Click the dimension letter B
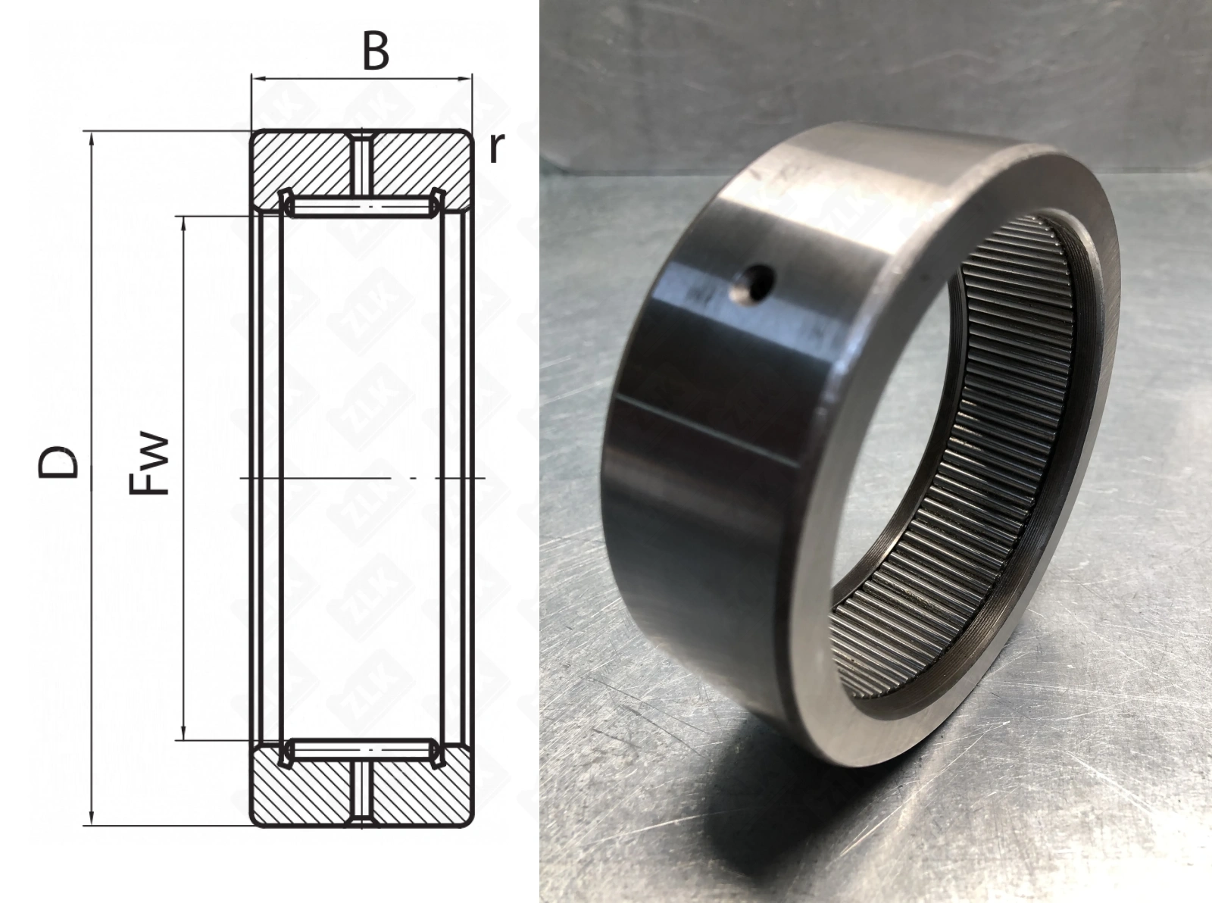[x=376, y=52]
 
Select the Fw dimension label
[x=148, y=464]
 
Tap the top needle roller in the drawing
[x=362, y=207]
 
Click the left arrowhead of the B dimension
[x=258, y=80]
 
